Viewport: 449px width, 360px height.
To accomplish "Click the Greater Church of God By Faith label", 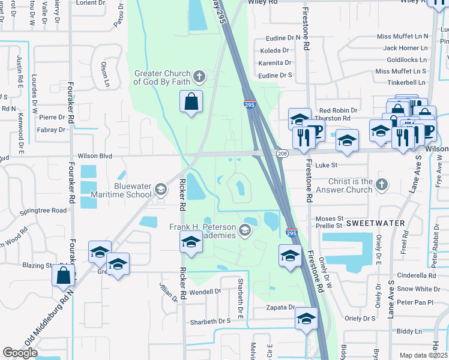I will click(163, 77).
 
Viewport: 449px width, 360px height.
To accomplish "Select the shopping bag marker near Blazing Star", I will click(63, 275).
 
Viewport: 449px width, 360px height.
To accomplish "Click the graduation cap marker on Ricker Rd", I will click(191, 242).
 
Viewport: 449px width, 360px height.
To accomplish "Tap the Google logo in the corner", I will click(20, 353).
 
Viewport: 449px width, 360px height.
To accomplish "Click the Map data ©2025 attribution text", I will click(423, 355).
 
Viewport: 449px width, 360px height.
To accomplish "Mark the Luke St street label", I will click(326, 164).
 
